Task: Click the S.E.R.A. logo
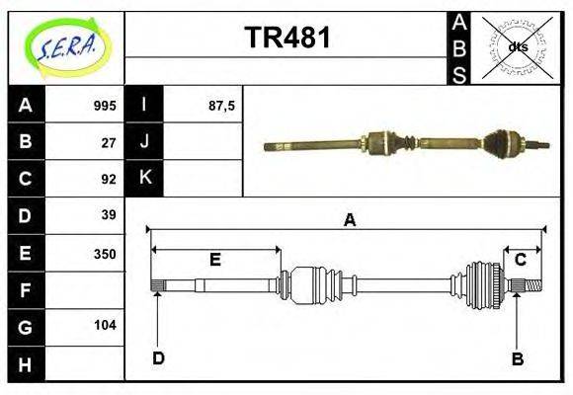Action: click(x=64, y=46)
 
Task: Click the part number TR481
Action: click(x=286, y=39)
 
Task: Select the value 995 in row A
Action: click(x=105, y=106)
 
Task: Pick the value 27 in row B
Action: click(x=109, y=142)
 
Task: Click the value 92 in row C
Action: click(x=109, y=179)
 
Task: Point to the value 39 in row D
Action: click(x=109, y=215)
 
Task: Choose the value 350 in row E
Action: click(x=105, y=253)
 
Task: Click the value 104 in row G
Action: click(x=105, y=325)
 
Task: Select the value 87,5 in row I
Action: click(x=220, y=106)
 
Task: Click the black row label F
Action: click(x=26, y=289)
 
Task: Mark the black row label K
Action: click(x=144, y=179)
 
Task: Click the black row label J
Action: click(x=144, y=142)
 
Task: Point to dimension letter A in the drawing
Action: click(x=349, y=221)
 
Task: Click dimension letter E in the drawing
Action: click(x=214, y=260)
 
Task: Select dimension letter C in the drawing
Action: click(x=520, y=260)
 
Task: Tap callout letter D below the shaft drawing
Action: click(x=158, y=357)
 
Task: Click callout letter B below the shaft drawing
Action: click(x=517, y=358)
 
